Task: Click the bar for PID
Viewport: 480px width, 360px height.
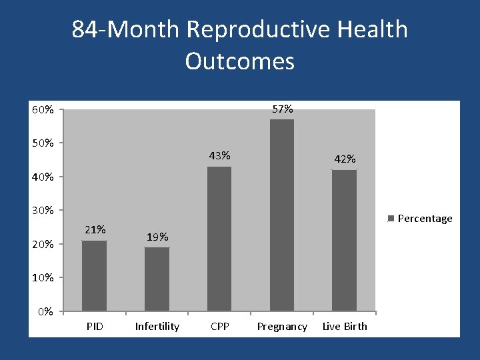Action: click(x=94, y=275)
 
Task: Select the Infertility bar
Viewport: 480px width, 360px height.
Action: click(x=157, y=279)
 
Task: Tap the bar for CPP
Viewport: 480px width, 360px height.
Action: click(x=219, y=239)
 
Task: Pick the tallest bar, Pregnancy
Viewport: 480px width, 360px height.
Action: click(x=281, y=215)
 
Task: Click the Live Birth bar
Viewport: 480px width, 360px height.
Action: click(x=344, y=240)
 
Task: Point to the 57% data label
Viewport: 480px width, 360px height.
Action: click(x=282, y=109)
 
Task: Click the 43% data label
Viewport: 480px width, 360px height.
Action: click(x=219, y=155)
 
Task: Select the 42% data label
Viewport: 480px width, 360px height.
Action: click(x=345, y=159)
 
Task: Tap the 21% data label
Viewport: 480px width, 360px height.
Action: click(x=95, y=229)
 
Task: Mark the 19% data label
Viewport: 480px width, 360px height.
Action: click(x=157, y=237)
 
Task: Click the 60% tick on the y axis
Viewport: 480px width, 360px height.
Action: click(x=43, y=109)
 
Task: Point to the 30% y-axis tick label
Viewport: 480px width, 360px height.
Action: click(x=43, y=211)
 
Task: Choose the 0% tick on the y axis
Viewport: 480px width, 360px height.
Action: click(x=45, y=311)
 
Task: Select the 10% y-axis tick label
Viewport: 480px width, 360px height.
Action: click(x=43, y=277)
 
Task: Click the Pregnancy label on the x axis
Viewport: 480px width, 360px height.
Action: click(x=282, y=327)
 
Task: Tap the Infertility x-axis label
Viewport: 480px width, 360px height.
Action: click(x=157, y=327)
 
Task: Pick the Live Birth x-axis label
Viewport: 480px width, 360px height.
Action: click(x=345, y=327)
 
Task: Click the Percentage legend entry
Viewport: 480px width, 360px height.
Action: click(x=424, y=218)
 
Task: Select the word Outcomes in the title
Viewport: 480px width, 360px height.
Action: click(x=239, y=61)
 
